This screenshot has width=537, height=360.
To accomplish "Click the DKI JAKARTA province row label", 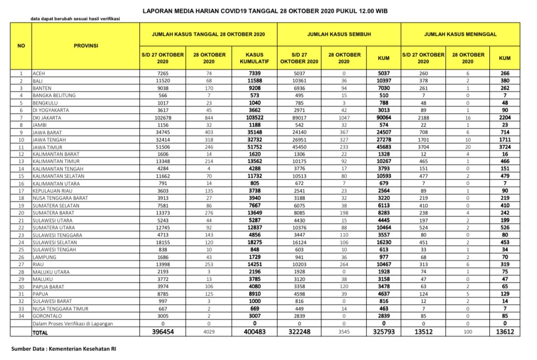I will point(46,117).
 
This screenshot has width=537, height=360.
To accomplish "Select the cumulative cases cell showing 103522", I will point(254,117).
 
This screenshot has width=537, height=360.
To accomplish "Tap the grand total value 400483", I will point(254,331).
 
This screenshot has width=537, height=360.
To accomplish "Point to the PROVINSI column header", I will point(86,45).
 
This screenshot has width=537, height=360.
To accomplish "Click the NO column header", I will point(21,45).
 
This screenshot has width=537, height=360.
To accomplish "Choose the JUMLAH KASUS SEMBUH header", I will point(339,35).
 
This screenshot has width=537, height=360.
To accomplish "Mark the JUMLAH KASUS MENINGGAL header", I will point(460,35).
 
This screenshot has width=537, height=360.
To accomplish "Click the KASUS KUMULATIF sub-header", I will point(254,58).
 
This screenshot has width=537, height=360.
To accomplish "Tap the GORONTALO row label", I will point(47,316).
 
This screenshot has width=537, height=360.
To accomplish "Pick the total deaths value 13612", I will point(505,331).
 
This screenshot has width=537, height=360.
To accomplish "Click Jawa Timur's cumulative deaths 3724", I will point(505,147).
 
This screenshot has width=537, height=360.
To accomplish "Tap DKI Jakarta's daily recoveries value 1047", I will point(344,117).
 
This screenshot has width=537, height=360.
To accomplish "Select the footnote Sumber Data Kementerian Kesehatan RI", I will point(63,349).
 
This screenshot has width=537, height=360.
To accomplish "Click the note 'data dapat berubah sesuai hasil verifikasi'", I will point(75,19).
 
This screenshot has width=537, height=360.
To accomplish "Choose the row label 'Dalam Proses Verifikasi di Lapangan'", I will point(73,323).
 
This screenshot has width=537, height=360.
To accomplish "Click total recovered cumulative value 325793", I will point(383,331).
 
